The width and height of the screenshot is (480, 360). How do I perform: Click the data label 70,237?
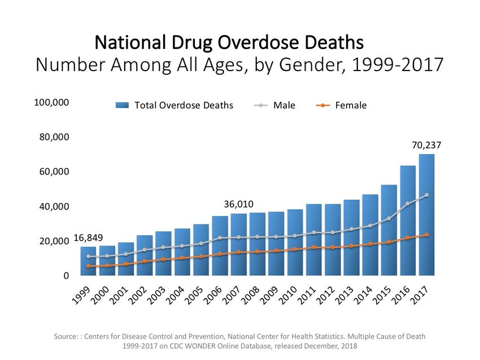point(426,145)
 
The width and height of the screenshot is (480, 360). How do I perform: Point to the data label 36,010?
point(238,204)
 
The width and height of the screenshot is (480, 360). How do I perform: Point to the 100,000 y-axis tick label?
point(52,102)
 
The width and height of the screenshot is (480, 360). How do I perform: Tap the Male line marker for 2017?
point(426,195)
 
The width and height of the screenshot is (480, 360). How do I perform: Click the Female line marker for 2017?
point(426,235)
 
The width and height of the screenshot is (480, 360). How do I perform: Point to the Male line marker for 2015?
point(389,219)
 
